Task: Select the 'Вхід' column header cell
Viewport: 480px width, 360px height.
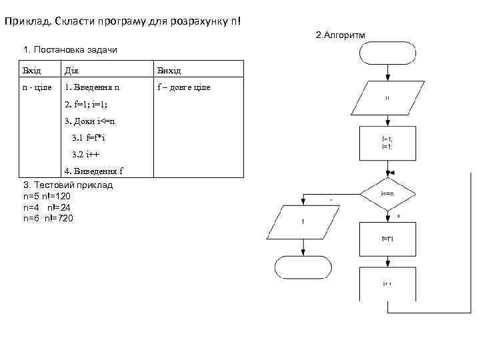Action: pyautogui.click(x=32, y=70)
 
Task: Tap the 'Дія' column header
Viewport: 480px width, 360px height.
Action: pyautogui.click(x=71, y=70)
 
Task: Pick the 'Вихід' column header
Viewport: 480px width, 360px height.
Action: pyautogui.click(x=169, y=70)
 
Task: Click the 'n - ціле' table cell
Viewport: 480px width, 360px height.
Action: pyautogui.click(x=37, y=87)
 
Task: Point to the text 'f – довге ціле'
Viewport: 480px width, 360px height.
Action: pyautogui.click(x=183, y=87)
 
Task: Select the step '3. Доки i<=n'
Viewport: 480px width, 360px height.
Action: pyautogui.click(x=90, y=121)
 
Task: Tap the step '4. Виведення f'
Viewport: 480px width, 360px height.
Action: pyautogui.click(x=93, y=171)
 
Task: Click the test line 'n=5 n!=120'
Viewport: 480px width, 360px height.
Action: pyautogui.click(x=47, y=197)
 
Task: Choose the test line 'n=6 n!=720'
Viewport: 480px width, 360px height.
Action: pyautogui.click(x=48, y=218)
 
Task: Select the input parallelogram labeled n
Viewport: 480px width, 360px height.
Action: pyautogui.click(x=387, y=98)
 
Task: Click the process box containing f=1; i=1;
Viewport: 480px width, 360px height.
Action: pyautogui.click(x=387, y=143)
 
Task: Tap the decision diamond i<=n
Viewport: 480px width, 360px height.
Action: pyautogui.click(x=387, y=193)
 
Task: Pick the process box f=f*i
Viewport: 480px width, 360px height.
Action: pyautogui.click(x=387, y=238)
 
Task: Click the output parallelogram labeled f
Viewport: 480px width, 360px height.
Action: pyautogui.click(x=303, y=222)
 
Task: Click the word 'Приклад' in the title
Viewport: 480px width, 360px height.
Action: pyautogui.click(x=26, y=21)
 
